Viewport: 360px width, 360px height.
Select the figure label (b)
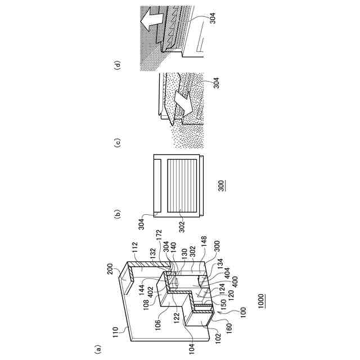(x=117, y=214)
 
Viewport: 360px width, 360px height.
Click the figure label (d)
(x=117, y=65)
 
